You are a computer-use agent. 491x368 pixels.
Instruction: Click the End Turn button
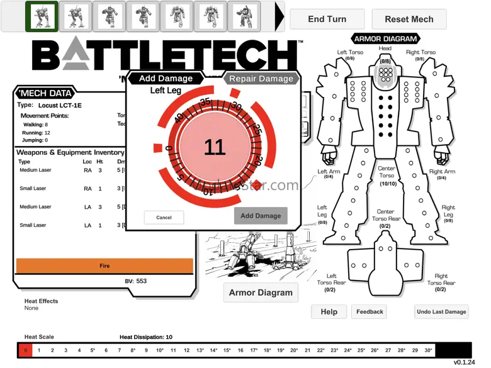[x=327, y=19]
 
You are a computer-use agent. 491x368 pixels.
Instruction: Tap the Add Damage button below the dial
[x=261, y=216]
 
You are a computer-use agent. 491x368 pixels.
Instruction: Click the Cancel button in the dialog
[x=164, y=217]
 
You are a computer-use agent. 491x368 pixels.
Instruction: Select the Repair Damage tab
[x=261, y=79]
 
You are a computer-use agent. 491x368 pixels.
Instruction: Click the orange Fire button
[x=104, y=266]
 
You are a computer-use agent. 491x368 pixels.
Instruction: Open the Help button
[x=329, y=311]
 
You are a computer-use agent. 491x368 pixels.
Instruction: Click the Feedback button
[x=370, y=311]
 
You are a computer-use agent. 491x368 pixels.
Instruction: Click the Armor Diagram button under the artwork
[x=261, y=293]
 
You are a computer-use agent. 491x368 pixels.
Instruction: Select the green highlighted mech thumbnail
[x=42, y=16]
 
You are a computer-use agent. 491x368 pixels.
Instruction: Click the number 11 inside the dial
[x=214, y=147]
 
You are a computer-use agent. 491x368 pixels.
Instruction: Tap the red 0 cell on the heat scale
[x=25, y=350]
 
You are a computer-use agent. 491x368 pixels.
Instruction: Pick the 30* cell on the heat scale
[x=428, y=350]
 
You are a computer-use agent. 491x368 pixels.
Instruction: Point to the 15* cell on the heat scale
[x=227, y=350]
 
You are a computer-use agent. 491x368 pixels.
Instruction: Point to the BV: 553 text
[x=136, y=281]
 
